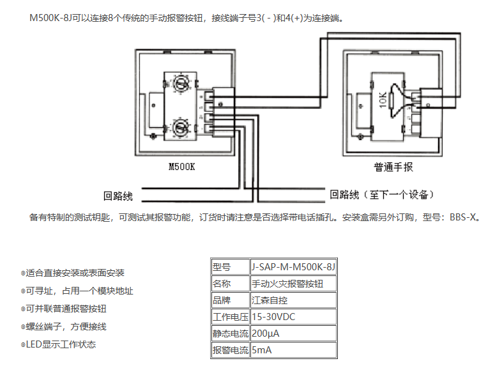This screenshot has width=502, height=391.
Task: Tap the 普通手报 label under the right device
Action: coord(393,168)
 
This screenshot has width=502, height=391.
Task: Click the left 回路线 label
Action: coord(118,195)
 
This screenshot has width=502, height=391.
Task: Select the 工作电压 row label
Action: coord(230,317)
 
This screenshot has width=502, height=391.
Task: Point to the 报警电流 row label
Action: coord(230,350)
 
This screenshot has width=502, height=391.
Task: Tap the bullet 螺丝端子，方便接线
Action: coord(66,327)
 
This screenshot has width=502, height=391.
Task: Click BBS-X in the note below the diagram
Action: coord(464,217)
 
